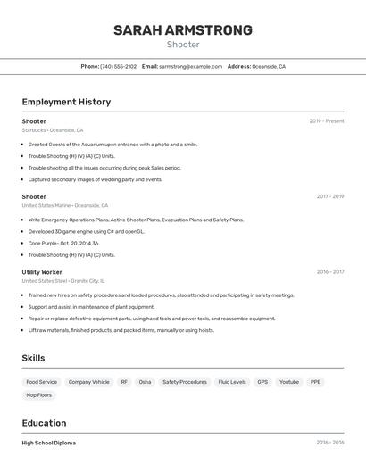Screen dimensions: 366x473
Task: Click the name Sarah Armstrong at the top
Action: pyautogui.click(x=182, y=30)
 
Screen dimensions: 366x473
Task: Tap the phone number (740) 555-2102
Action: pyautogui.click(x=119, y=66)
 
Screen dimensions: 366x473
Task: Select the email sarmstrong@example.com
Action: pyautogui.click(x=190, y=66)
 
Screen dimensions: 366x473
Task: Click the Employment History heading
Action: pyautogui.click(x=66, y=102)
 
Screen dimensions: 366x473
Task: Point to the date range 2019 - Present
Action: pyautogui.click(x=326, y=121)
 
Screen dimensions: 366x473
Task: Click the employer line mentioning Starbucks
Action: pyautogui.click(x=53, y=130)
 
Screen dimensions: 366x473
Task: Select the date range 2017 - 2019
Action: pyautogui.click(x=329, y=196)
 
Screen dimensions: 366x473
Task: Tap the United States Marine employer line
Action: pyautogui.click(x=65, y=205)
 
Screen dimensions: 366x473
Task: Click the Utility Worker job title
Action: pyautogui.click(x=42, y=271)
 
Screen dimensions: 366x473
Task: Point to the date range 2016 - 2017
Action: pyautogui.click(x=329, y=271)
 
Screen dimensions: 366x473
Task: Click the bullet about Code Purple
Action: pyautogui.click(x=63, y=243)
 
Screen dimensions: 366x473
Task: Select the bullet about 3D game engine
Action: pyautogui.click(x=86, y=231)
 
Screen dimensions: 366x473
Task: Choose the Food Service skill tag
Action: pyautogui.click(x=42, y=382)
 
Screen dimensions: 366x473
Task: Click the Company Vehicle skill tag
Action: pyautogui.click(x=89, y=382)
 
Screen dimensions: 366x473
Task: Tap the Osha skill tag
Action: pyautogui.click(x=145, y=382)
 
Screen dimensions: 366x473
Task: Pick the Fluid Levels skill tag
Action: pyautogui.click(x=232, y=382)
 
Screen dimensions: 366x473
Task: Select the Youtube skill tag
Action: pyautogui.click(x=289, y=382)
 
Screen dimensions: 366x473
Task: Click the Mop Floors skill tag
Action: pyautogui.click(x=39, y=394)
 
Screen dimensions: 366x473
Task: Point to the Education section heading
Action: pyautogui.click(x=44, y=423)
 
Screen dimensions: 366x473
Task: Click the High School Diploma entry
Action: pyautogui.click(x=49, y=443)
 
